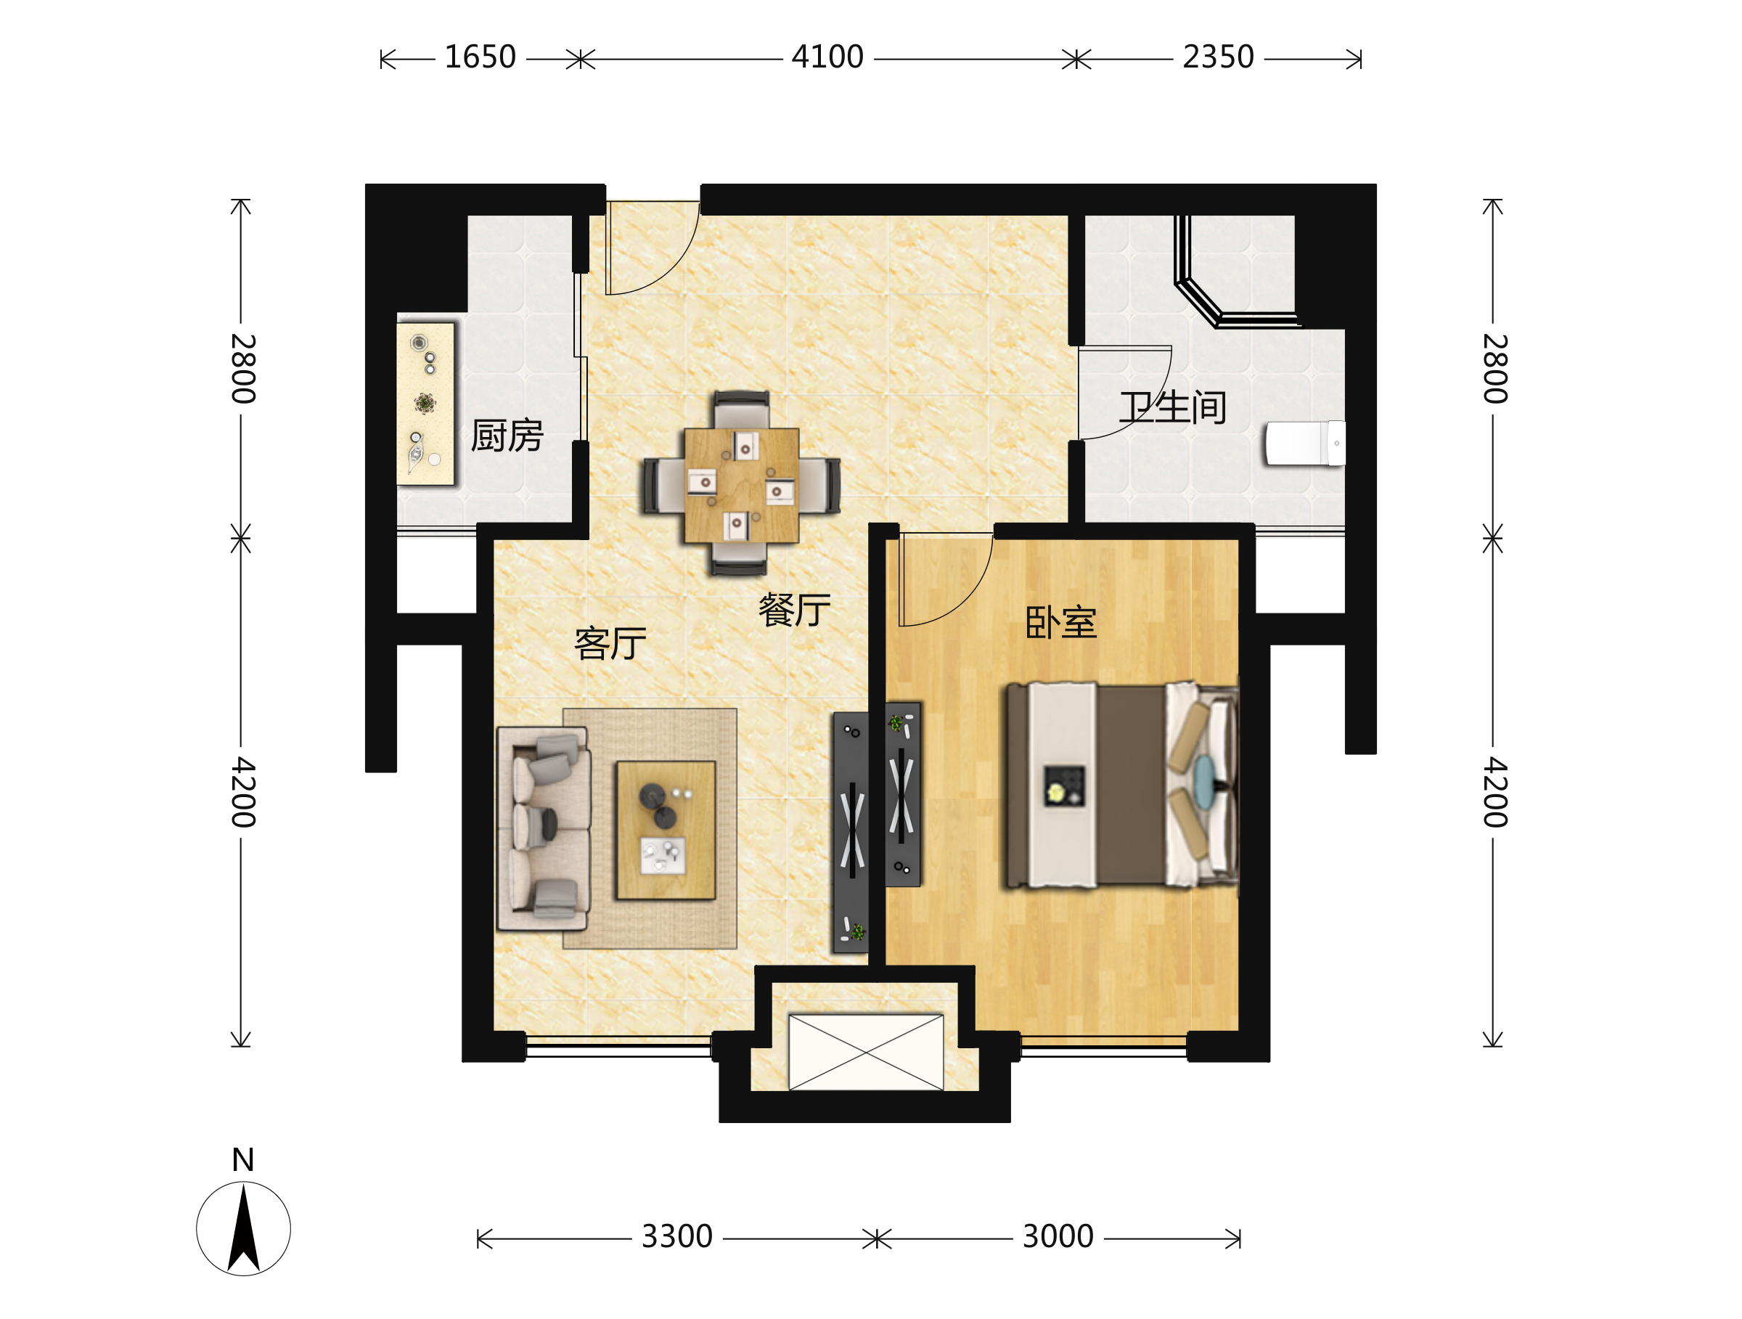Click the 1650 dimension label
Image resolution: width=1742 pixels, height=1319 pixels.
[x=480, y=57]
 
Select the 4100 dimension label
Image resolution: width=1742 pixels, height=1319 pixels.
[x=827, y=57]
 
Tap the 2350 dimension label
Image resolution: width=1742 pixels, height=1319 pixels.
[x=1218, y=57]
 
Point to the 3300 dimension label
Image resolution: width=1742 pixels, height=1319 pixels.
[x=677, y=1237]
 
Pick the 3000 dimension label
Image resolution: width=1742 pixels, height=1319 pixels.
[x=1058, y=1237]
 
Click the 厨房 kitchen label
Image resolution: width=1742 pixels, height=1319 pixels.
[x=507, y=436]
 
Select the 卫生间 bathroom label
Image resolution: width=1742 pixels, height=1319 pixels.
[x=1173, y=408]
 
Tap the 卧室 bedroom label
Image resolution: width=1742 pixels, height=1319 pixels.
[x=1060, y=622]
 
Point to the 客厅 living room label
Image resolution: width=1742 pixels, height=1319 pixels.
[x=610, y=643]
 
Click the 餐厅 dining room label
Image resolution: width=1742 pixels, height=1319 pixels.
[x=795, y=611]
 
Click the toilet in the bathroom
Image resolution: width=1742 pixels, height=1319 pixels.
[x=1305, y=444]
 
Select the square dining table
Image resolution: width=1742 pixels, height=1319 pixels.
[x=741, y=485]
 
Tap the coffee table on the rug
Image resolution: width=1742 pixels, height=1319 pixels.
[x=666, y=830]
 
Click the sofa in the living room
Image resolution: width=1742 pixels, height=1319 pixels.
[x=544, y=829]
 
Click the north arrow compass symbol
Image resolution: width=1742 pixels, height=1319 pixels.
[x=243, y=1229]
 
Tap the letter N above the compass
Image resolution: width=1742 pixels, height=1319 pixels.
[x=243, y=1160]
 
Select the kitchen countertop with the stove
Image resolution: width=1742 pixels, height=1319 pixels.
[x=426, y=404]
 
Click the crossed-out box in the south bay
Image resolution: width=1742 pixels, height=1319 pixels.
[x=866, y=1052]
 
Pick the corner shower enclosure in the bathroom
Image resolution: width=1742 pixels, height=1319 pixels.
[x=1235, y=271]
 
